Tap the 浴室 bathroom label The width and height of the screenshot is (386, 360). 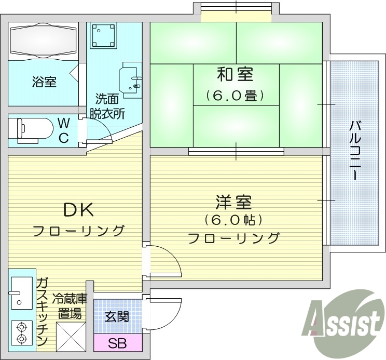click(x=44, y=82)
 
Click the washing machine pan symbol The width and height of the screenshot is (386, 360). click(x=102, y=35)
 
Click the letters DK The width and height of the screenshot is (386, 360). click(x=78, y=210)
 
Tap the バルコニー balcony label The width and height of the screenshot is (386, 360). click(x=355, y=151)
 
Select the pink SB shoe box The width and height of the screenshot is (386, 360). click(x=118, y=343)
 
